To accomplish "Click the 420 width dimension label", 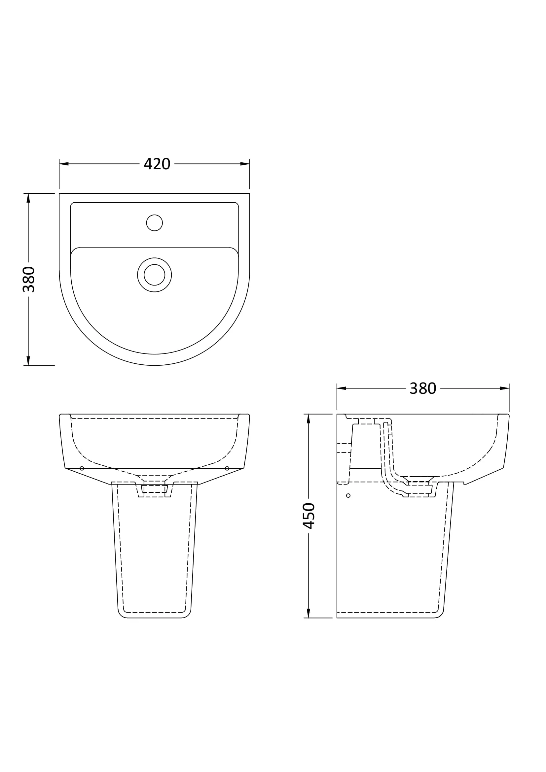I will (x=157, y=164).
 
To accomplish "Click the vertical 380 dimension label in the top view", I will (x=29, y=279).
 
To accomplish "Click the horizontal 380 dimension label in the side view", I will (x=422, y=388).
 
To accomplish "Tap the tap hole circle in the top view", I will (x=154, y=222).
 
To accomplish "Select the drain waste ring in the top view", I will (x=154, y=275).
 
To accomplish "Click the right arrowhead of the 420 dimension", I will (x=245, y=164).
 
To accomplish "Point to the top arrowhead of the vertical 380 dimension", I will (x=28, y=198).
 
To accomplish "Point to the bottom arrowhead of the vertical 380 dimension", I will (x=28, y=360).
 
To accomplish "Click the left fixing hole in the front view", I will (x=82, y=468).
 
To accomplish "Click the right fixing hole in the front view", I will (x=227, y=468).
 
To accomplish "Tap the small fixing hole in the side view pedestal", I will (x=348, y=496).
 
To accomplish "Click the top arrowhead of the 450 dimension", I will (x=309, y=419).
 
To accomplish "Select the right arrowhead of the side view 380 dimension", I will (x=504, y=388).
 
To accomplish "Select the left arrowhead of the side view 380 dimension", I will (x=342, y=388).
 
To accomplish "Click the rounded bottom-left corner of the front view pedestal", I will (x=121, y=615).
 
